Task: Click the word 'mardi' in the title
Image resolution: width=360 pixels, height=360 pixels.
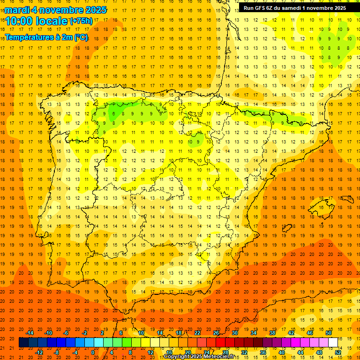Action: pos(16,10)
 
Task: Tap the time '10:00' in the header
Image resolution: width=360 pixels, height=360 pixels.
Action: pos(19,21)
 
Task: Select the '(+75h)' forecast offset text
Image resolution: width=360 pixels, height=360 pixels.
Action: pos(81,21)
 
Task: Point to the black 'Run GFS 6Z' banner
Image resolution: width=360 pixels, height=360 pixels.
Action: pos(295,7)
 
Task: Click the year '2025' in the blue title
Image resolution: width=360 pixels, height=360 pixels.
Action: pos(96,10)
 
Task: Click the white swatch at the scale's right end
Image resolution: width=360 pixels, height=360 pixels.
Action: pos(333,343)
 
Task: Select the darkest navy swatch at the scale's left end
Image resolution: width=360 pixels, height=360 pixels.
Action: pos(23,343)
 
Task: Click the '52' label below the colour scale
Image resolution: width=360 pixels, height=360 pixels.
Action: pos(338,352)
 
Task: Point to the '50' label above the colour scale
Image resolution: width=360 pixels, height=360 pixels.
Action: pos(329,333)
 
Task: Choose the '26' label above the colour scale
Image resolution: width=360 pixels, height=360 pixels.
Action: pos(216,333)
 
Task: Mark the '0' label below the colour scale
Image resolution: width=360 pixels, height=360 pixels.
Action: pos(93,352)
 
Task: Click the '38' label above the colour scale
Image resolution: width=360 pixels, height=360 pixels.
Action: pos(272,333)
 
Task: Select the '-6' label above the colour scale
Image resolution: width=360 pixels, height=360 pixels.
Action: pos(66,333)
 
